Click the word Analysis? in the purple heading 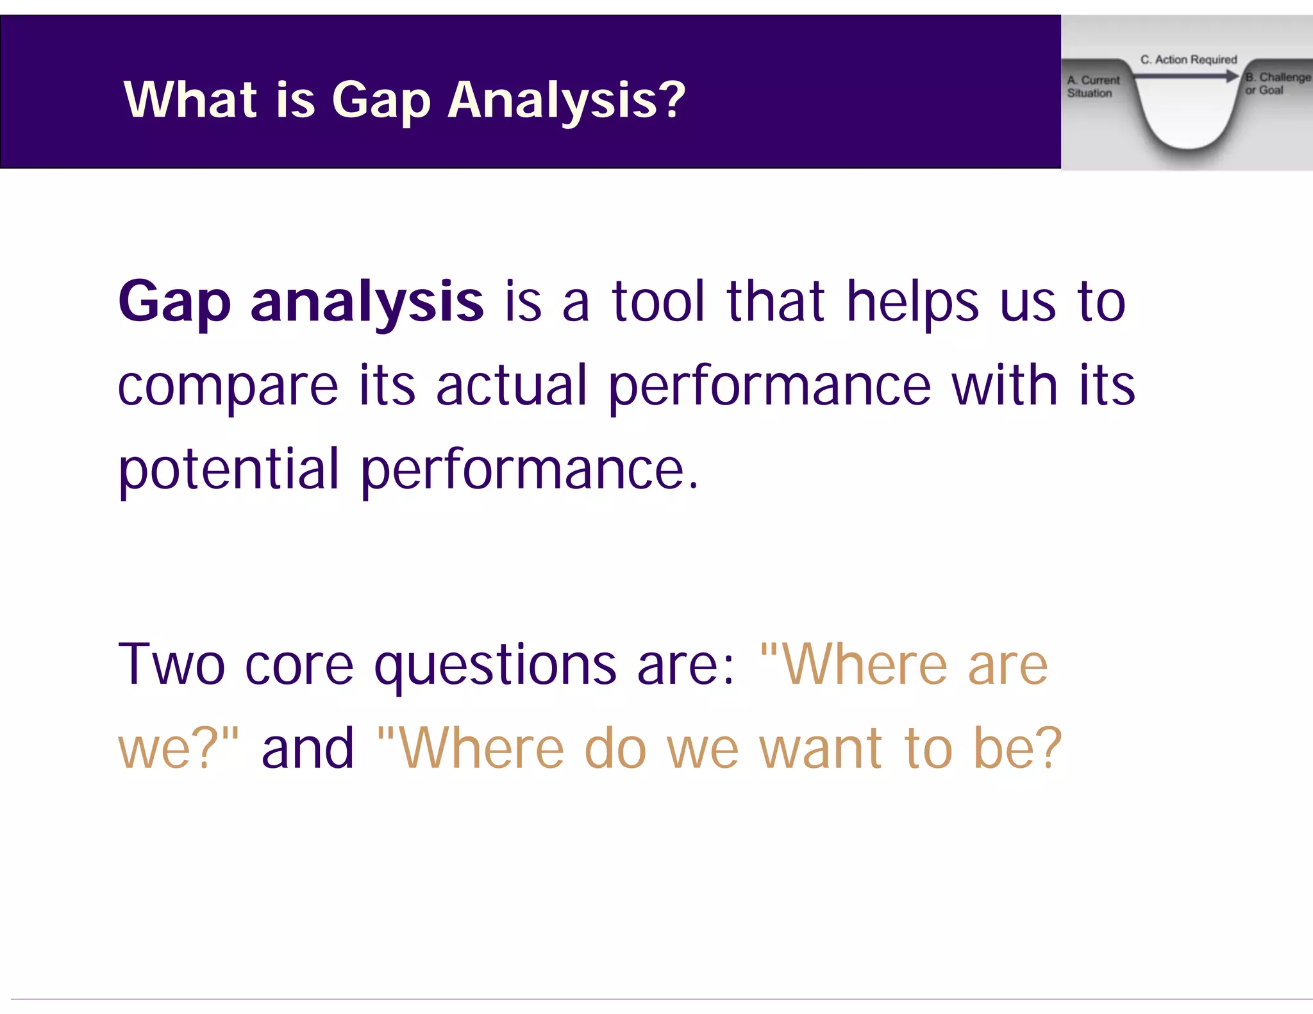click(x=566, y=101)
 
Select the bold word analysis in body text click(x=367, y=303)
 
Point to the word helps click(x=912, y=303)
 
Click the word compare click(x=228, y=387)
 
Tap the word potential click(x=229, y=470)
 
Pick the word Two click(x=171, y=665)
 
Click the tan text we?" click(x=178, y=749)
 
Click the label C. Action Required click(x=1188, y=60)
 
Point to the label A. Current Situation click(x=1092, y=87)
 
